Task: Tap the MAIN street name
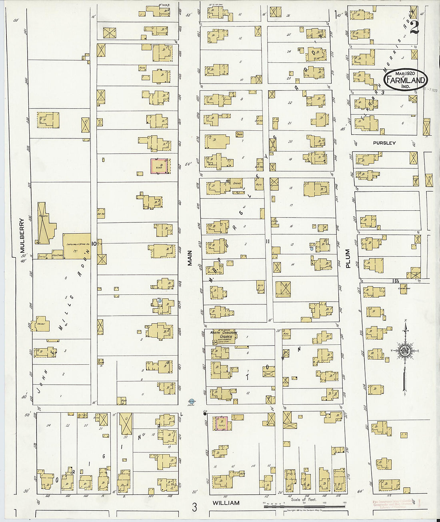coord(190,258)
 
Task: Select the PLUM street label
coord(348,258)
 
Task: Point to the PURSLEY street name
coord(384,143)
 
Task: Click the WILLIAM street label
coord(226,503)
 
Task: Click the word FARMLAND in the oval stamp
coord(405,80)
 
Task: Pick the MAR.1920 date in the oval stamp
coord(405,74)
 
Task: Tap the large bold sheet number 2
coord(414,27)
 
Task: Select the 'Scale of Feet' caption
coord(304,499)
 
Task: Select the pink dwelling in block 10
coord(160,166)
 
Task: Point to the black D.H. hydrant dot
coord(205,414)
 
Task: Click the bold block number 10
coord(94,243)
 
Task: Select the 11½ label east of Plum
coord(396,280)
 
